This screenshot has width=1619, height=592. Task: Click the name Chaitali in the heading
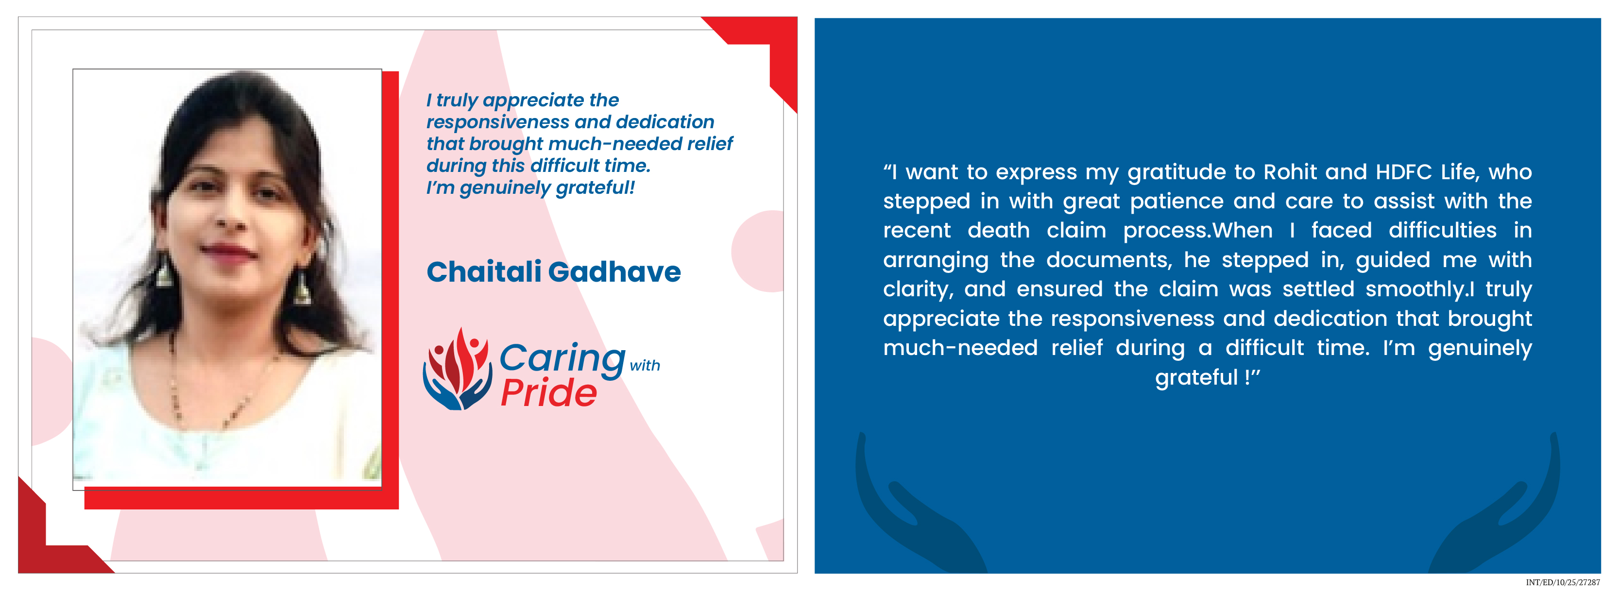(x=483, y=271)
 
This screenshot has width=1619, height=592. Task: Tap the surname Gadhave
(x=614, y=271)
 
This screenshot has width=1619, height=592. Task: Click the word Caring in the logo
(x=562, y=359)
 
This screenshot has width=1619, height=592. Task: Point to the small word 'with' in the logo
(x=645, y=365)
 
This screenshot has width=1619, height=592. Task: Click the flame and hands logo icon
(x=458, y=370)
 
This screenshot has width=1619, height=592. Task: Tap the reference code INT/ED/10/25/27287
(x=1563, y=583)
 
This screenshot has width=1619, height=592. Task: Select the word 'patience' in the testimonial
(x=1176, y=202)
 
